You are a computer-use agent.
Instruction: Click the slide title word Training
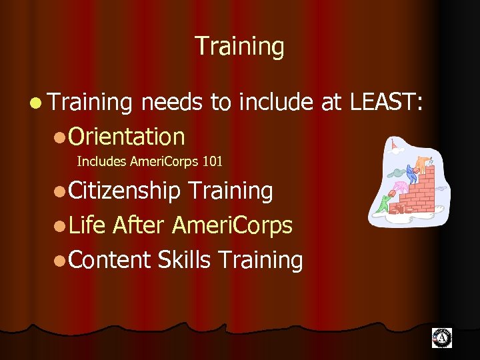coord(239,47)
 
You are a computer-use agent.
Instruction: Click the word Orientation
coord(126,136)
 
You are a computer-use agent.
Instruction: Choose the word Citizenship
coord(124,191)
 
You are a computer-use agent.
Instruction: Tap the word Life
coord(87,225)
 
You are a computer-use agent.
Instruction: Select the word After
coord(139,225)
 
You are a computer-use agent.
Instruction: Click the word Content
coord(109,259)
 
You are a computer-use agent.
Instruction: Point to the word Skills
coord(184,259)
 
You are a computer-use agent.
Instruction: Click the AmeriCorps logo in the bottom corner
coord(441,338)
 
